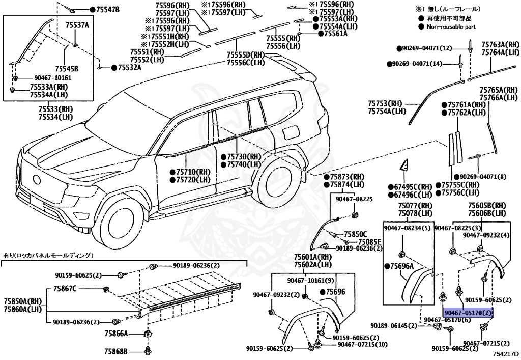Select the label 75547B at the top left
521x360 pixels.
[x=107, y=10]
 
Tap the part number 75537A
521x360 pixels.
[x=77, y=25]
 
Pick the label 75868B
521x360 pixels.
[x=116, y=352]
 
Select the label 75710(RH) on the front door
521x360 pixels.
[x=193, y=172]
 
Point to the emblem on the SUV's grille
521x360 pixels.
[x=37, y=179]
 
